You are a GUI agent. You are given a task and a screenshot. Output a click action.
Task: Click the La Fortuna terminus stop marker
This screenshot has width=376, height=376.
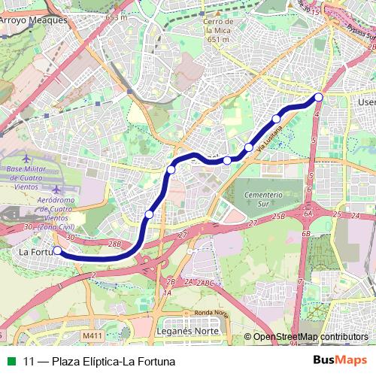tap(57, 251)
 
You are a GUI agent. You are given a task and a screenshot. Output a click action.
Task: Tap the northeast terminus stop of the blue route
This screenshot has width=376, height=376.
tap(319, 97)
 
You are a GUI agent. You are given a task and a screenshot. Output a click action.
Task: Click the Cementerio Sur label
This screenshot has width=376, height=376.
tap(262, 199)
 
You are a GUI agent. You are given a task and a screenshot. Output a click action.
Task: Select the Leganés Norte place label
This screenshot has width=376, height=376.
tap(188, 330)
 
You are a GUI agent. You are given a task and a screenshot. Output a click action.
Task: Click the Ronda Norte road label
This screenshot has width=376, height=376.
tap(210, 313)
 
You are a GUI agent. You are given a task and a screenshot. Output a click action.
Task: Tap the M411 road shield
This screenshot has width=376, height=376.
tap(92, 335)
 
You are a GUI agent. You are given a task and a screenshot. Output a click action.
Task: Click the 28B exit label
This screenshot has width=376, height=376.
tap(114, 244)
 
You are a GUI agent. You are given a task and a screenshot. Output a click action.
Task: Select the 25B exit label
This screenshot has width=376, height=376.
tap(279, 216)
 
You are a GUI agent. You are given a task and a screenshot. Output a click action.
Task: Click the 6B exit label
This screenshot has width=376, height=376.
tap(306, 234)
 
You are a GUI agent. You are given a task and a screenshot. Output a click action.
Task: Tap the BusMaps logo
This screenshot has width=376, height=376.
tap(340, 360)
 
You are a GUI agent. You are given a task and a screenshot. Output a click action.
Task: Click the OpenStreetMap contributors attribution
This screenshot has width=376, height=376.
tap(311, 337)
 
